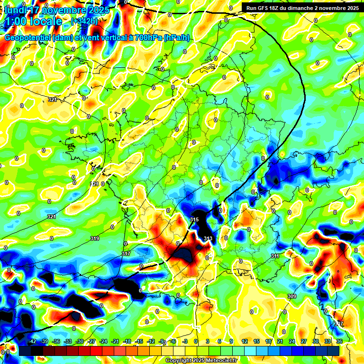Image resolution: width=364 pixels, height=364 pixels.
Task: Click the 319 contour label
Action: click(x=95, y=238)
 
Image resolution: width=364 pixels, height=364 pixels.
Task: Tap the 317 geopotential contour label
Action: click(x=126, y=254)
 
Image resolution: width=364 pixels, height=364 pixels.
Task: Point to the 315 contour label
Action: click(x=194, y=219)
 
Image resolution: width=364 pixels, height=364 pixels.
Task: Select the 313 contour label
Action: click(x=208, y=238)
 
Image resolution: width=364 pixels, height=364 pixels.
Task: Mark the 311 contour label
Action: click(x=275, y=256)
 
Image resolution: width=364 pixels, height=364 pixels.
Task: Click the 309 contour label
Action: click(x=292, y=296)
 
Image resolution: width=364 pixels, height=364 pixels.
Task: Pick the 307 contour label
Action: click(x=338, y=324)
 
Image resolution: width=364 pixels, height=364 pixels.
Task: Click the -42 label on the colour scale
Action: click(x=32, y=341)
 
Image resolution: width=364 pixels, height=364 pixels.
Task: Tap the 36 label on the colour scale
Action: click(x=339, y=341)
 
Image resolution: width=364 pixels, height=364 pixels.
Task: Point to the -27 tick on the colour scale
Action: click(x=91, y=341)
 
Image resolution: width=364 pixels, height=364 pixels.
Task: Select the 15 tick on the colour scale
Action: click(x=256, y=341)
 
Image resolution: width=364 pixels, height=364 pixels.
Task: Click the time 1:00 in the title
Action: click(x=16, y=21)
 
